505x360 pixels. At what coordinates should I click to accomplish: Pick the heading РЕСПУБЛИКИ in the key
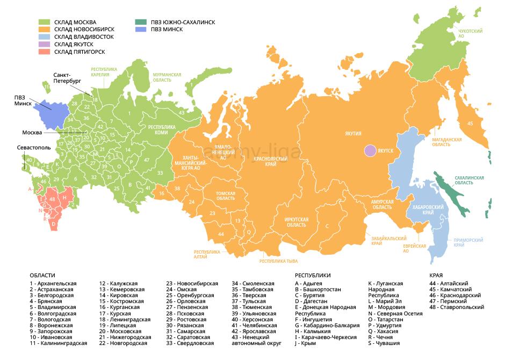tap(313, 275)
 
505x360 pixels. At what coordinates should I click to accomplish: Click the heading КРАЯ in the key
tap(437, 275)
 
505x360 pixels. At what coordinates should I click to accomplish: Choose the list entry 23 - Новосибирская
tap(192, 283)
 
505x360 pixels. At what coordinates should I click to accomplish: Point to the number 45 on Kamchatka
tap(470, 124)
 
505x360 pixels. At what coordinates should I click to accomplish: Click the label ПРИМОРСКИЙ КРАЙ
tap(468, 242)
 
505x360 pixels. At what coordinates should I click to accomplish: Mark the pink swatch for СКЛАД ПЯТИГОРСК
tap(45, 52)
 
